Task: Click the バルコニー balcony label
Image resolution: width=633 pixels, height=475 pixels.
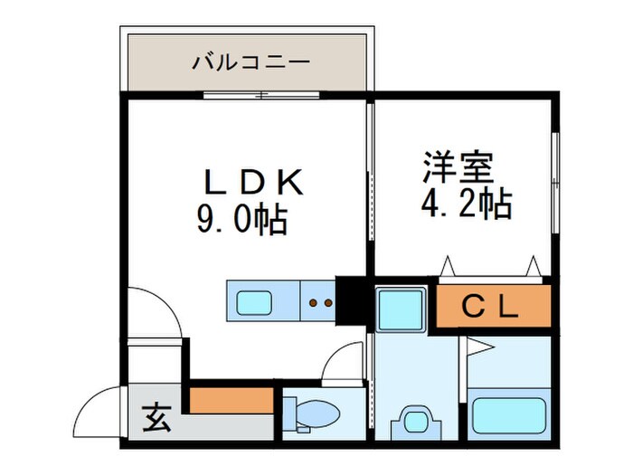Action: (x=250, y=62)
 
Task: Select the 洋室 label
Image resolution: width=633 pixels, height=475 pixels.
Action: (x=457, y=170)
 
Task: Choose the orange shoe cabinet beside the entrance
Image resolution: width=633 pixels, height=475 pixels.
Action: (x=231, y=399)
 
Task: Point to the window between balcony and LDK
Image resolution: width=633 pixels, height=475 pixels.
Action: (x=262, y=94)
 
